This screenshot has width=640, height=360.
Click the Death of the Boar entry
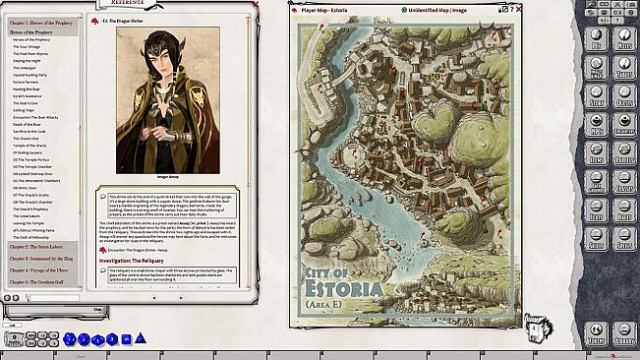(30, 124)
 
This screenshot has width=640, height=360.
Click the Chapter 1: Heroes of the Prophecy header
(42, 22)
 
